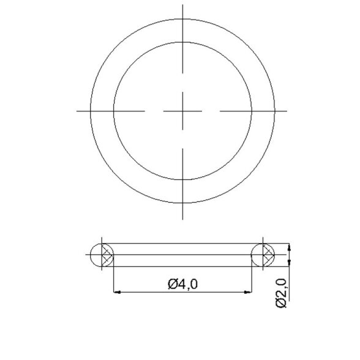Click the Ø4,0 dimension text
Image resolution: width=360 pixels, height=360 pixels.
pyautogui.click(x=182, y=284)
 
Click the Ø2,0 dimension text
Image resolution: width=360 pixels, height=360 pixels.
pyautogui.click(x=281, y=293)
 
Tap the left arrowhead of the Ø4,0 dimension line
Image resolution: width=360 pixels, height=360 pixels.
pyautogui.click(x=118, y=292)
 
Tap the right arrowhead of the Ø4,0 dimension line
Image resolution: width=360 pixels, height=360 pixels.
pyautogui.click(x=248, y=292)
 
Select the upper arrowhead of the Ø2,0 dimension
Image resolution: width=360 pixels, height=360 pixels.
pyautogui.click(x=289, y=247)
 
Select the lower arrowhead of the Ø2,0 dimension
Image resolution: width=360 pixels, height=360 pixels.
pyautogui.click(x=289, y=263)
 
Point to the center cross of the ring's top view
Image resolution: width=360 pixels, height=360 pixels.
pyautogui.click(x=182, y=111)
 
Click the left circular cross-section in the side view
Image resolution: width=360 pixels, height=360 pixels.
pyautogui.click(x=102, y=255)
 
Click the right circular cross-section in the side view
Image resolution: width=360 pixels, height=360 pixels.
pyautogui.click(x=263, y=255)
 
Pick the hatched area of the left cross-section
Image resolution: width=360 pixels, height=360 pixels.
pyautogui.click(x=107, y=255)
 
